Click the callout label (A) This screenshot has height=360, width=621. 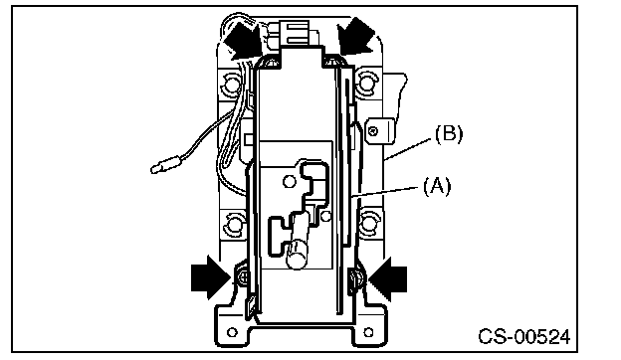[x=437, y=186]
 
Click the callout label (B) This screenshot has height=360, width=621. [x=449, y=134]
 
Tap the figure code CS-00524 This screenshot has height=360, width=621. [x=524, y=337]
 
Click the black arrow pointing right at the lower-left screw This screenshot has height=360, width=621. [x=211, y=277]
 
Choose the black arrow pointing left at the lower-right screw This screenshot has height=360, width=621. [x=388, y=278]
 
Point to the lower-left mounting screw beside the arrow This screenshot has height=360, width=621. [x=243, y=277]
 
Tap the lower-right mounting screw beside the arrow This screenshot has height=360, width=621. [x=355, y=278]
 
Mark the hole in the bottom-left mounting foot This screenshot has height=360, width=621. [x=233, y=332]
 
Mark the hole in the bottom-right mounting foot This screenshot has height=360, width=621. [x=368, y=331]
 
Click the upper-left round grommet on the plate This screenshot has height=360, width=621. [x=230, y=84]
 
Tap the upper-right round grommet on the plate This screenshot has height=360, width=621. [x=367, y=81]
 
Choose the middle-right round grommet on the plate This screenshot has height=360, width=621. [x=368, y=223]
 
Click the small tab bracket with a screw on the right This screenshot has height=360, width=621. [x=380, y=130]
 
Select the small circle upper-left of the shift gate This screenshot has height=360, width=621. [x=290, y=182]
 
